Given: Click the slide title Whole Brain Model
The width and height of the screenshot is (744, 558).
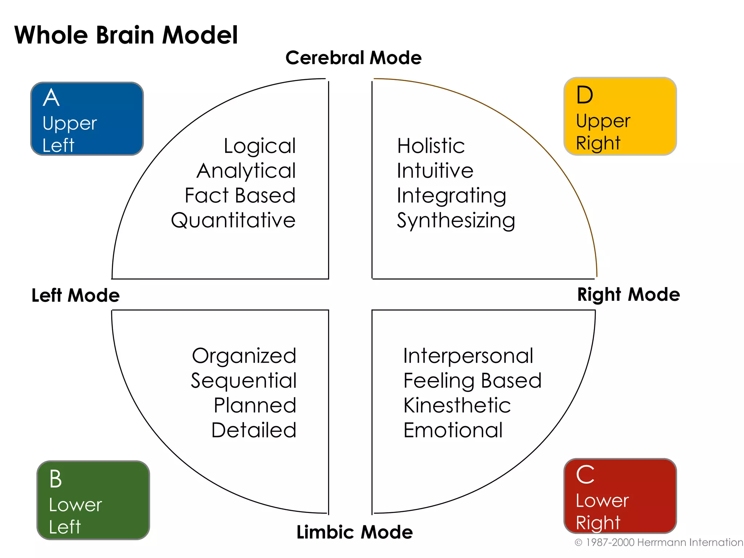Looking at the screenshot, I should coord(126,35).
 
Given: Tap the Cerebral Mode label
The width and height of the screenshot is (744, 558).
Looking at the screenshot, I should coord(353,58).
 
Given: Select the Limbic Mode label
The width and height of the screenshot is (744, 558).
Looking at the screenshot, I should coord(355,532).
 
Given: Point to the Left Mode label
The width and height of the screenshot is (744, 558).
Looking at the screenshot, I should coord(76,295).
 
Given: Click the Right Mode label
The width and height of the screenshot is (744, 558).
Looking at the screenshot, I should coord(628,294).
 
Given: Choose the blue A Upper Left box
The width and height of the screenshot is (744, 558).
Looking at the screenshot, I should coord(87,119).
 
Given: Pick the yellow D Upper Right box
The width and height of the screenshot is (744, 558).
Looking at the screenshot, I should coord(620,116).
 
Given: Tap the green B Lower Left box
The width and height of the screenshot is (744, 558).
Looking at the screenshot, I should coord(93,500).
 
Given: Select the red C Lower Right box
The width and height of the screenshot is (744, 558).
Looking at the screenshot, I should coord(620,496).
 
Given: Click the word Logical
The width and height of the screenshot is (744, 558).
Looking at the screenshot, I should coord(259,146).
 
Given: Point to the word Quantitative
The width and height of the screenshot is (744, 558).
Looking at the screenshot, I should coord(233,221).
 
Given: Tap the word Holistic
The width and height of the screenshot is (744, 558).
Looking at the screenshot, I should coord(431,146).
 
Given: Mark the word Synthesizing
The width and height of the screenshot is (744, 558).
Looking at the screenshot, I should coord(456,221).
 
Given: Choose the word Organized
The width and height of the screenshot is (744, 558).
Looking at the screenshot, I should coord(244,356).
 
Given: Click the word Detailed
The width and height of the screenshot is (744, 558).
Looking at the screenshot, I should coord(254,430).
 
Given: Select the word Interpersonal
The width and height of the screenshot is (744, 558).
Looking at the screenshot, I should coord(468,356).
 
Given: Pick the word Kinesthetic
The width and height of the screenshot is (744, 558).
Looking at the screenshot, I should coord(457,405).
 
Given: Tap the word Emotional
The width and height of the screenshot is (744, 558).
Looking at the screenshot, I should coord(453,430).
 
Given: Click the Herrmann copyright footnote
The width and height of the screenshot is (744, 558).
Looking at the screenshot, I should coord(658,542).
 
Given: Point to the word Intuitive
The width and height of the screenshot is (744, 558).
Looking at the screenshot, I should coord(435,171).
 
